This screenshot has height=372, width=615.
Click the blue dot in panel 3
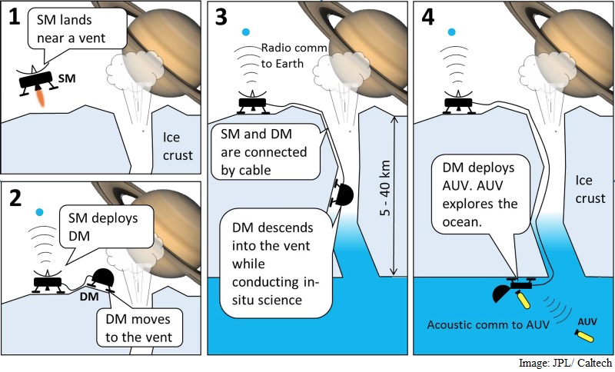click(245, 32)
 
